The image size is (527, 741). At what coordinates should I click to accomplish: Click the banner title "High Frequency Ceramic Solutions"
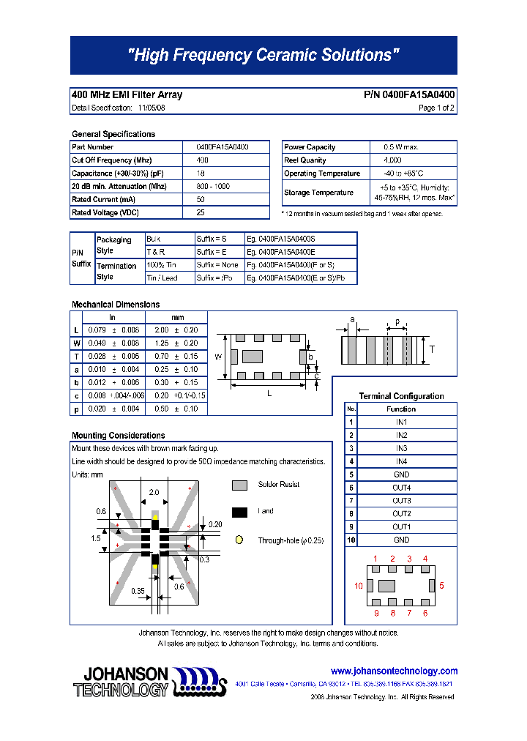pyautogui.click(x=263, y=55)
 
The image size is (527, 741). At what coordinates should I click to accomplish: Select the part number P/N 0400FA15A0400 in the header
pyautogui.click(x=409, y=95)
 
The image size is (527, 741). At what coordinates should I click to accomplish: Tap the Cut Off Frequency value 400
pyautogui.click(x=203, y=160)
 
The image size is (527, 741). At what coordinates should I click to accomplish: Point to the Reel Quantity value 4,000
pyautogui.click(x=392, y=160)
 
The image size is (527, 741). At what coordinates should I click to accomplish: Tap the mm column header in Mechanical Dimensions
pyautogui.click(x=177, y=318)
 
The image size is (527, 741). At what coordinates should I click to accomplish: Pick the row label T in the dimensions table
pyautogui.click(x=76, y=356)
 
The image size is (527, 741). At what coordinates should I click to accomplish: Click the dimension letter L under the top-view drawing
pyautogui.click(x=269, y=394)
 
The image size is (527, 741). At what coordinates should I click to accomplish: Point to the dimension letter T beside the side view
pyautogui.click(x=432, y=350)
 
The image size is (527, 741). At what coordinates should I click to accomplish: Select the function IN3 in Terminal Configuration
pyautogui.click(x=401, y=448)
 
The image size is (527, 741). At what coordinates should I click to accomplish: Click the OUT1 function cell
pyautogui.click(x=401, y=527)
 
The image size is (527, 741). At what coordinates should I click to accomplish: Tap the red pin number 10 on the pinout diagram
pyautogui.click(x=359, y=586)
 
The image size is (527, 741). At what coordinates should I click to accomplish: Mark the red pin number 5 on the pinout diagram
pyautogui.click(x=442, y=586)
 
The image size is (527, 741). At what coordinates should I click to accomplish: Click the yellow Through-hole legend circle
pyautogui.click(x=239, y=540)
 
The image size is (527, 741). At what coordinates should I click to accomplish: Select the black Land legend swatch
pyautogui.click(x=239, y=512)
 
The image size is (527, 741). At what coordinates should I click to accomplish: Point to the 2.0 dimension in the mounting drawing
pyautogui.click(x=154, y=493)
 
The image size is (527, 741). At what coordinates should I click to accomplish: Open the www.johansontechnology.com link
pyautogui.click(x=394, y=671)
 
